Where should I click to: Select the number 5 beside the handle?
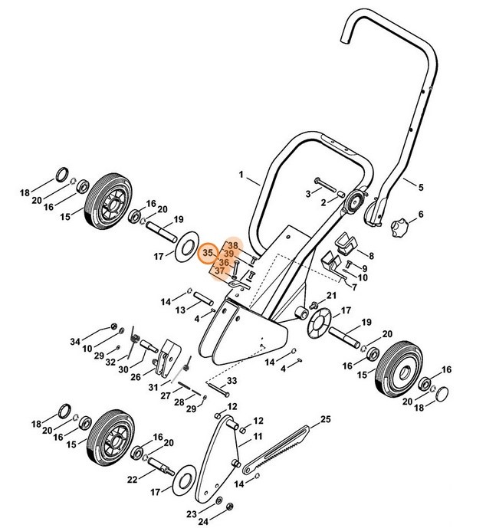420,185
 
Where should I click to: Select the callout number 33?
232,381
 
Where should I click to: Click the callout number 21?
332,296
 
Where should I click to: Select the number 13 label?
179,310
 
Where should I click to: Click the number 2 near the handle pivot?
323,202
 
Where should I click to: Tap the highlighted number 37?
219,271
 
